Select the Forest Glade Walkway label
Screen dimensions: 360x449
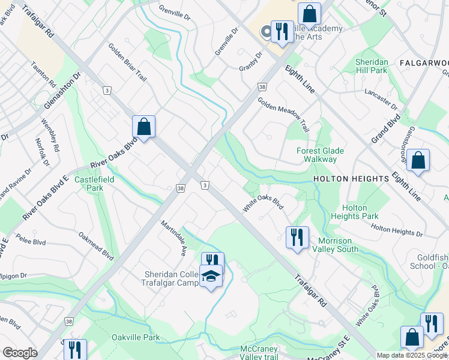pos(316,155)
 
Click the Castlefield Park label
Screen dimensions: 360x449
pos(89,184)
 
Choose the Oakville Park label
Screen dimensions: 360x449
pos(136,337)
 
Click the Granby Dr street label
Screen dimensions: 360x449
pos(251,61)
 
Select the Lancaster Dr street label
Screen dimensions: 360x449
pos(381,100)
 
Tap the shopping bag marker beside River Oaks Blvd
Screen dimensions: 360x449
pos(143,127)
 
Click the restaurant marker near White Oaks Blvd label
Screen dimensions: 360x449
pos(297,238)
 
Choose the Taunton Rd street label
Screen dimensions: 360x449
pos(43,76)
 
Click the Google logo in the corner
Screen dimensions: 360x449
pos(19,352)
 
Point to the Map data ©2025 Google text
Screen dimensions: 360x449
pos(411,355)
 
